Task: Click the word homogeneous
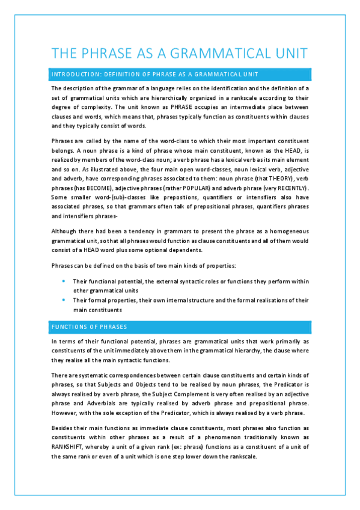(283, 231)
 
